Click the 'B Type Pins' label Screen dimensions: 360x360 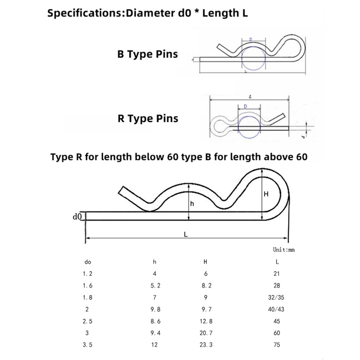pos(147,54)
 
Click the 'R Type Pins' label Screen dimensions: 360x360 pos(148,119)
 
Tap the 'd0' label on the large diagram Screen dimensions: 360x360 pos(77,216)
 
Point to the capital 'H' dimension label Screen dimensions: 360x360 pos(266,194)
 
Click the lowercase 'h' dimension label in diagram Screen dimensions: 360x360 pos(192,204)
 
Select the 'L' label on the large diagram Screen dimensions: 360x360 pos(186,236)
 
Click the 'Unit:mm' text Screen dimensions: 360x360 pos(284,250)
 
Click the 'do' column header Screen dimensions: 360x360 pos(88,262)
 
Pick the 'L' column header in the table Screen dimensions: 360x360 pos(277,262)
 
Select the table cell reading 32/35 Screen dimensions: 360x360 pos(277,297)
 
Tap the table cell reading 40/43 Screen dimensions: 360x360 pos(277,309)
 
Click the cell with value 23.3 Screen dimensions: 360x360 pos(206,345)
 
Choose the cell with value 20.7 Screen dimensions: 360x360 pos(206,332)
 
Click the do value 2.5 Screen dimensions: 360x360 pos(88,321)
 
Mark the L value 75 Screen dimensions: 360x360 pos(277,345)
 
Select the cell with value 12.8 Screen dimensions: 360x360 pos(206,321)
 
